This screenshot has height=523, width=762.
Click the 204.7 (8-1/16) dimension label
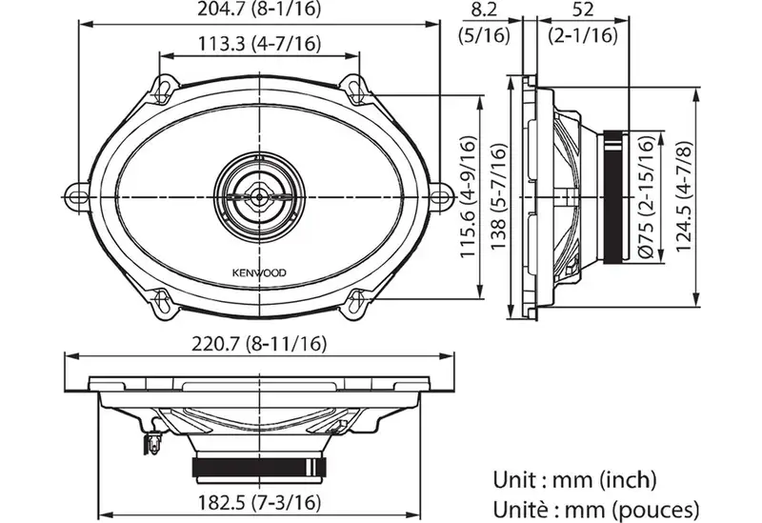pos(259,9)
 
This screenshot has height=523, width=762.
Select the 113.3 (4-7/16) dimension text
pos(259,44)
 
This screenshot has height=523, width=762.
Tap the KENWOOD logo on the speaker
pos(259,272)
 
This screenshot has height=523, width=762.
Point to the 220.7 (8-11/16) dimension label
pos(259,344)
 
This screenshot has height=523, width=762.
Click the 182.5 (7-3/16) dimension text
pos(259,502)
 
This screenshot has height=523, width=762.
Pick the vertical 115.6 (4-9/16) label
pos(468,196)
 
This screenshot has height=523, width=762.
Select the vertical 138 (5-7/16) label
pos(498,196)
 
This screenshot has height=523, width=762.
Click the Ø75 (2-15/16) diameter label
pos(647,196)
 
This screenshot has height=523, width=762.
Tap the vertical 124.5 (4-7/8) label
pos(684,196)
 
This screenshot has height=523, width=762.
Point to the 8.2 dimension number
pos(485,10)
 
